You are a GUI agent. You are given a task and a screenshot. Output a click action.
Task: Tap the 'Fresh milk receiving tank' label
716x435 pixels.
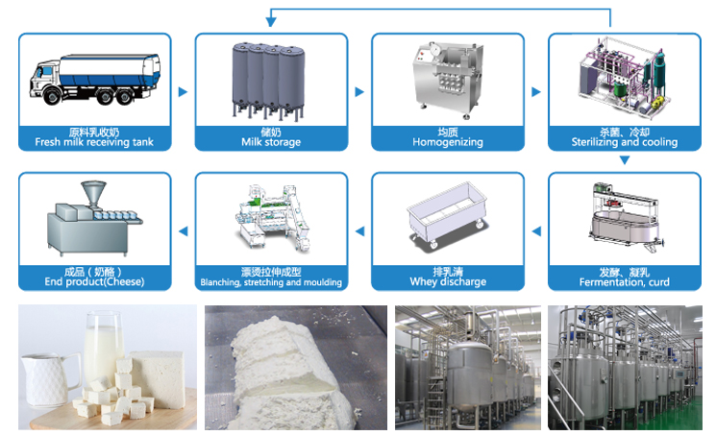tap(94, 142)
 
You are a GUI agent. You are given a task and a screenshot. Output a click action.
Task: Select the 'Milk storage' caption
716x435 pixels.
tap(270, 142)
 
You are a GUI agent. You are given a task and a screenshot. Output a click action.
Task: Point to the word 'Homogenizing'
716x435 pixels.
tap(447, 142)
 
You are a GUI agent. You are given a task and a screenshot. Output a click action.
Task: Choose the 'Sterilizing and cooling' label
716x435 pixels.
tap(625, 142)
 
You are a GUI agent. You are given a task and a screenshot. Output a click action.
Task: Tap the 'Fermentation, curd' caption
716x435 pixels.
tap(625, 282)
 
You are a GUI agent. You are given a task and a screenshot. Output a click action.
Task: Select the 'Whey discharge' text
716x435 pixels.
tap(447, 282)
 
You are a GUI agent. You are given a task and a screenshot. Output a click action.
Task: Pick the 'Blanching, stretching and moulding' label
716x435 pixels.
tap(270, 282)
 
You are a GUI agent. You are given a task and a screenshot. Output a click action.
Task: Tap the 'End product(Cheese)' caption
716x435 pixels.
tap(93, 282)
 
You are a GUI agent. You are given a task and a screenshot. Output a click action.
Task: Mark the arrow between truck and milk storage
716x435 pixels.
tap(183, 92)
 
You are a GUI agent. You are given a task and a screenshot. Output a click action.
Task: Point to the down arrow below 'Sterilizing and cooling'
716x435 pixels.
tap(625, 160)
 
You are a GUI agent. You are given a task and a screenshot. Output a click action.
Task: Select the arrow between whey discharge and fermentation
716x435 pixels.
tap(536, 230)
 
